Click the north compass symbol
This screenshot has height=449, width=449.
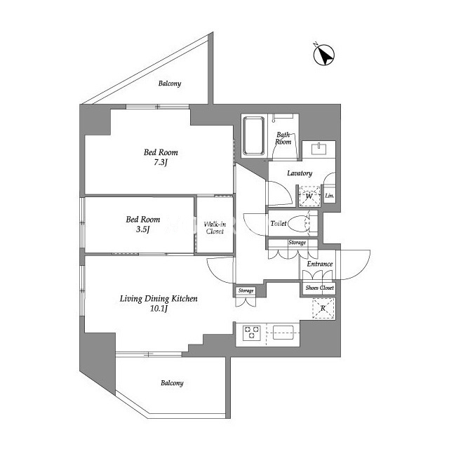pos(324,55)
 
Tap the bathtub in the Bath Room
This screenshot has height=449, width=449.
pos(253,135)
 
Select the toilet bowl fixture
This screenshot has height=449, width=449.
pos(299,223)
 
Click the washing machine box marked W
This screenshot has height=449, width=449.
pos(309,196)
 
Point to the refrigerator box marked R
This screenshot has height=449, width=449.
pos(323,309)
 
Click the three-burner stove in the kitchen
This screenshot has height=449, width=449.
pos(252,333)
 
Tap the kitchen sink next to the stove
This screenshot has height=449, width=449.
pos(283,333)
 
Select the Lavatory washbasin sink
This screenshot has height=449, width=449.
pos(319,149)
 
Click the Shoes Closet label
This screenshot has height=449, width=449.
pos(320,288)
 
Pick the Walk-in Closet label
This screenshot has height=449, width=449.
pos(215,227)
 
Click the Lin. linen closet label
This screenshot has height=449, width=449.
pos(330,196)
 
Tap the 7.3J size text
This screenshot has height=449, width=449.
pos(161,162)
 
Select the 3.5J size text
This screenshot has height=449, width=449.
pos(142,229)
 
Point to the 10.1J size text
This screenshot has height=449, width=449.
pos(159,309)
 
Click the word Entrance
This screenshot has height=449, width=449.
pos(320,264)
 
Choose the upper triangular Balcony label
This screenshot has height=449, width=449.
pos(170,83)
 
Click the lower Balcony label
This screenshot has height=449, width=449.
pos(172,383)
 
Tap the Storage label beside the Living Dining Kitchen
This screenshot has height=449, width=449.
pos(246,290)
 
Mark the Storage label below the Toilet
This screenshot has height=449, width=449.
pos(297,243)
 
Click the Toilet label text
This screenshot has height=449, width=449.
pos(279,223)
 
